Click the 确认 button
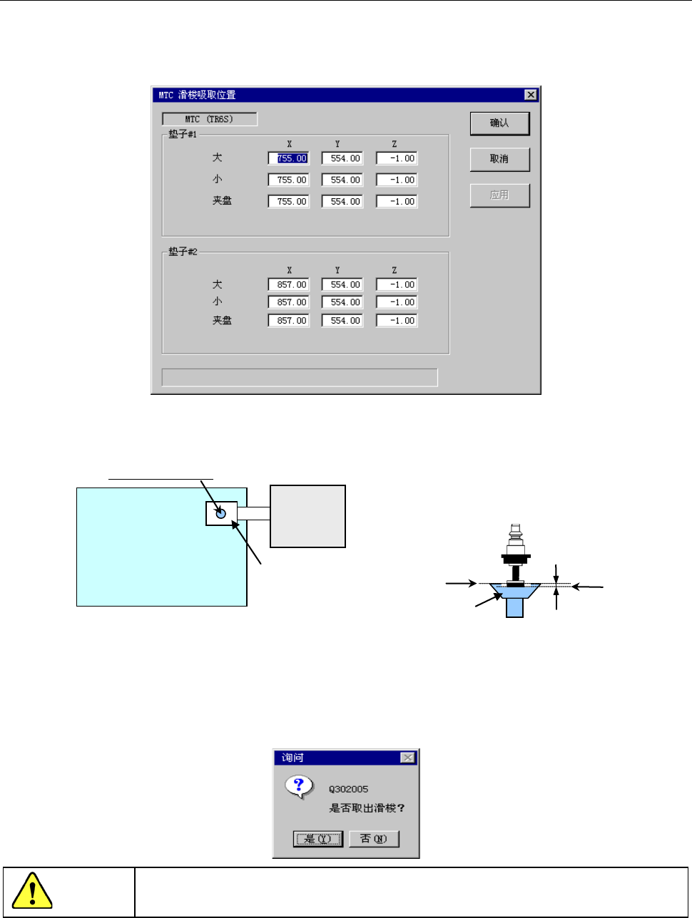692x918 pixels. coord(499,123)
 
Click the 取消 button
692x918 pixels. coord(499,159)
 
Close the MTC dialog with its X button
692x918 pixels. coord(530,95)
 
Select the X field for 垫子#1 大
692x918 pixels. coord(289,158)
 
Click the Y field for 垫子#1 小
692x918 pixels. coord(342,180)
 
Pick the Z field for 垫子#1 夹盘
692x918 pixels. coord(397,202)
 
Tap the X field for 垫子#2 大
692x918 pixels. coord(289,284)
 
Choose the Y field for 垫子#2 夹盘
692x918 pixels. coord(342,321)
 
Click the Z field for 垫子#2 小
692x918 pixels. coord(397,302)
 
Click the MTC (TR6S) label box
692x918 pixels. coord(209,119)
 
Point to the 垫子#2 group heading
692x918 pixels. coord(183,252)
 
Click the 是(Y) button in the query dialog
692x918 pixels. coord(318,839)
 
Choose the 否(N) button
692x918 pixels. coord(374,839)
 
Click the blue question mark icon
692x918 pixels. coord(299,785)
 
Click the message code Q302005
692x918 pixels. coord(349,789)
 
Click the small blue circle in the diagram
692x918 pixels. coord(220,513)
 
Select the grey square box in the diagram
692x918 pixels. coord(307,516)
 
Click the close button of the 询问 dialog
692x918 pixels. coord(407,758)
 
